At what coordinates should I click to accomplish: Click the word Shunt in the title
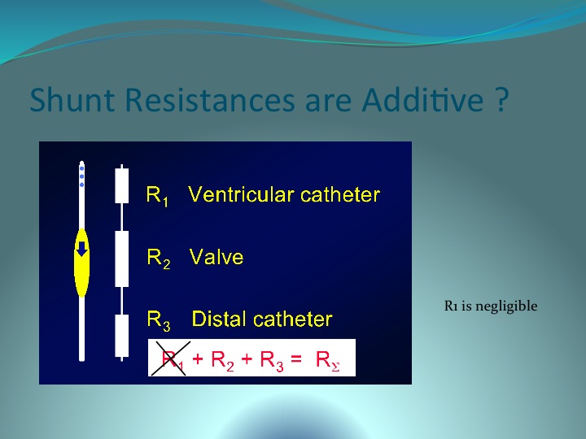[72, 99]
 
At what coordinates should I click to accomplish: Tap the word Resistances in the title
[210, 99]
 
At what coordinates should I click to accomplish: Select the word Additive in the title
[422, 99]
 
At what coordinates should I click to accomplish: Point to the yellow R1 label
[157, 196]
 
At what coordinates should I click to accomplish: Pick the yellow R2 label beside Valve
[159, 259]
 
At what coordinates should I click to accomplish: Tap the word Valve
[216, 257]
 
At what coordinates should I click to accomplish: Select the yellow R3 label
[159, 320]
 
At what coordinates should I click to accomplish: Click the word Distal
[220, 319]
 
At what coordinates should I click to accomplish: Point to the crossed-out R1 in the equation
[173, 359]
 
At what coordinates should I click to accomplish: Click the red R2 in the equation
[222, 361]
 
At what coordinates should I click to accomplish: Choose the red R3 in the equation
[272, 361]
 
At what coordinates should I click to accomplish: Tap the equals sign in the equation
[296, 359]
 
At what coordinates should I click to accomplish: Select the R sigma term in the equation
[328, 361]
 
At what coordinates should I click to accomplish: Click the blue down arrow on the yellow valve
[82, 249]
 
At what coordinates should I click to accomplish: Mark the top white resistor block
[122, 185]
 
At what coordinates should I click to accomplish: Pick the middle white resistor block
[122, 259]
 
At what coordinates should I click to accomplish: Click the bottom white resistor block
[122, 336]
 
